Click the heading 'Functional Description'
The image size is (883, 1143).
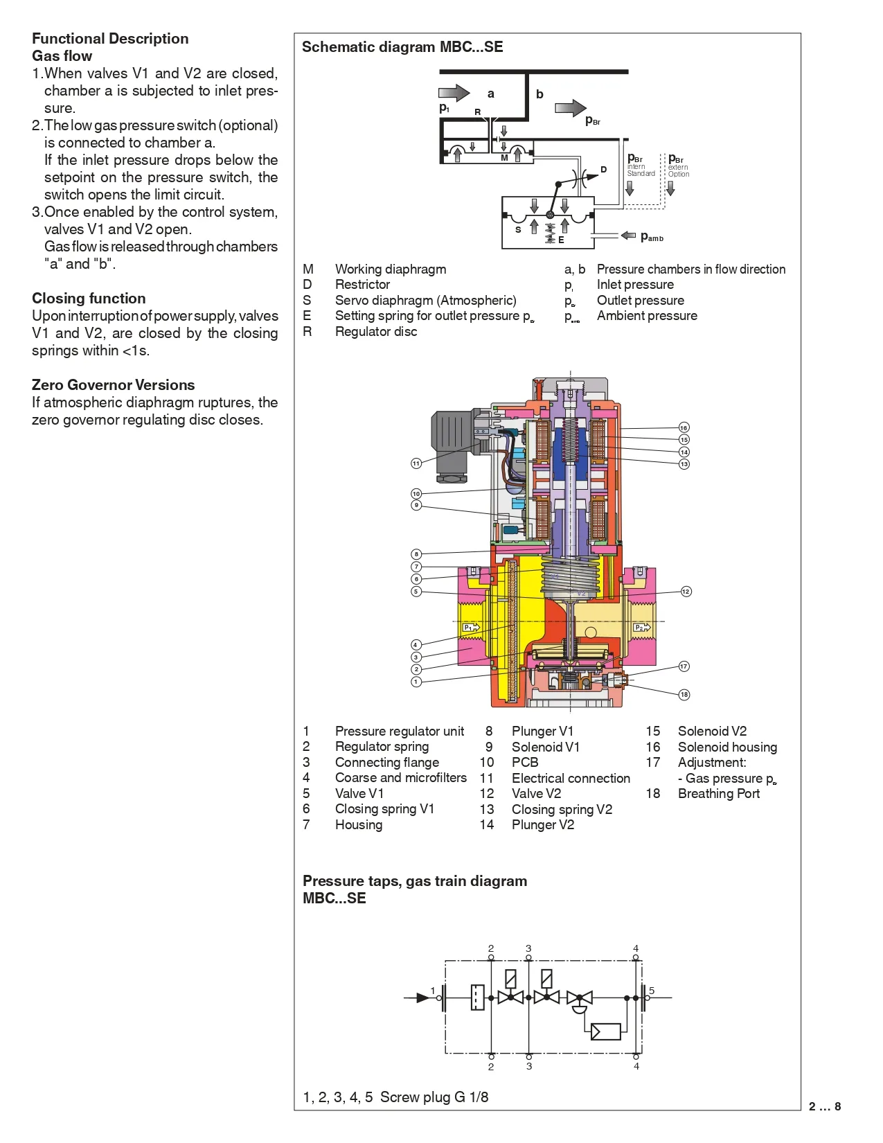coord(110,39)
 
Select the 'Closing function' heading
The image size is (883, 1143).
coord(89,299)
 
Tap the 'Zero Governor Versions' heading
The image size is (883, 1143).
coord(113,385)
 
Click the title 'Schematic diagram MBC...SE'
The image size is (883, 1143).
coord(402,47)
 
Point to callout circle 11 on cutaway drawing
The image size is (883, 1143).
coord(416,463)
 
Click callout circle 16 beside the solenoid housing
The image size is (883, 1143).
coord(684,427)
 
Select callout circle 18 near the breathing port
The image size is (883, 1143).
coord(684,694)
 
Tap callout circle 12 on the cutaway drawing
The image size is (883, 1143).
coord(686,592)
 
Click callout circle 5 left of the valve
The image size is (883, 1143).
coord(416,592)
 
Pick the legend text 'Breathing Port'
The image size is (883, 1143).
coord(718,794)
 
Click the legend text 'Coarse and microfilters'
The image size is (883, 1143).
coord(400,778)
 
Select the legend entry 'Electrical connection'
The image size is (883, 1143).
coord(571,779)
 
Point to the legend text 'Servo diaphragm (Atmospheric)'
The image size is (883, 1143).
coord(425,301)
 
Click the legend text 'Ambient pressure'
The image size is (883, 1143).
coord(647,316)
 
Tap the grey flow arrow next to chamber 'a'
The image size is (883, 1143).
coord(454,93)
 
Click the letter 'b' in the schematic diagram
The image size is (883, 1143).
coord(539,94)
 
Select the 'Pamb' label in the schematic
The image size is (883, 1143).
coord(652,237)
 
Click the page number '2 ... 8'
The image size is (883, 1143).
coord(824,1106)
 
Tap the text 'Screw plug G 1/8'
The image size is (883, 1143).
coord(434,1097)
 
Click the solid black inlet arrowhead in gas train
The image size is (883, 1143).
coord(422,998)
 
